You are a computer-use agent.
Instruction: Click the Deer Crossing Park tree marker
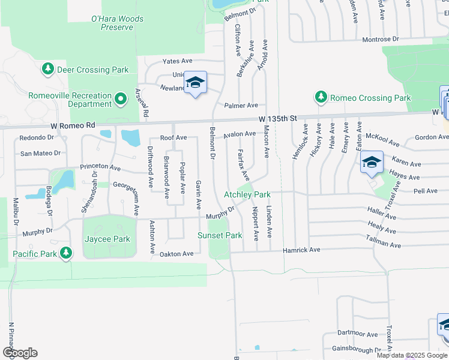(x=47, y=70)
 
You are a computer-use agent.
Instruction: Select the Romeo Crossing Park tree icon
(x=321, y=97)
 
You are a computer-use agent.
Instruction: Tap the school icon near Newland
(x=195, y=82)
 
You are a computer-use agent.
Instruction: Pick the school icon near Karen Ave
(x=371, y=162)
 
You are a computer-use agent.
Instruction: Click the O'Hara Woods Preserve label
(x=117, y=23)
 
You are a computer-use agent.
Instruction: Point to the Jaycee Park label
(x=106, y=239)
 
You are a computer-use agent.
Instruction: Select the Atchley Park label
(x=247, y=194)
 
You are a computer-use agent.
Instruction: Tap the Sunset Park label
(x=220, y=236)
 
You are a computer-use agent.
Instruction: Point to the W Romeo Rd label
(x=73, y=125)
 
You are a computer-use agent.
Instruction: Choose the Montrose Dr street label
(x=381, y=39)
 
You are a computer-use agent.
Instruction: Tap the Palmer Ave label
(x=241, y=105)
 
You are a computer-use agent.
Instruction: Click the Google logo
(x=20, y=353)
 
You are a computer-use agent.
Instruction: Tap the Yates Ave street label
(x=178, y=61)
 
